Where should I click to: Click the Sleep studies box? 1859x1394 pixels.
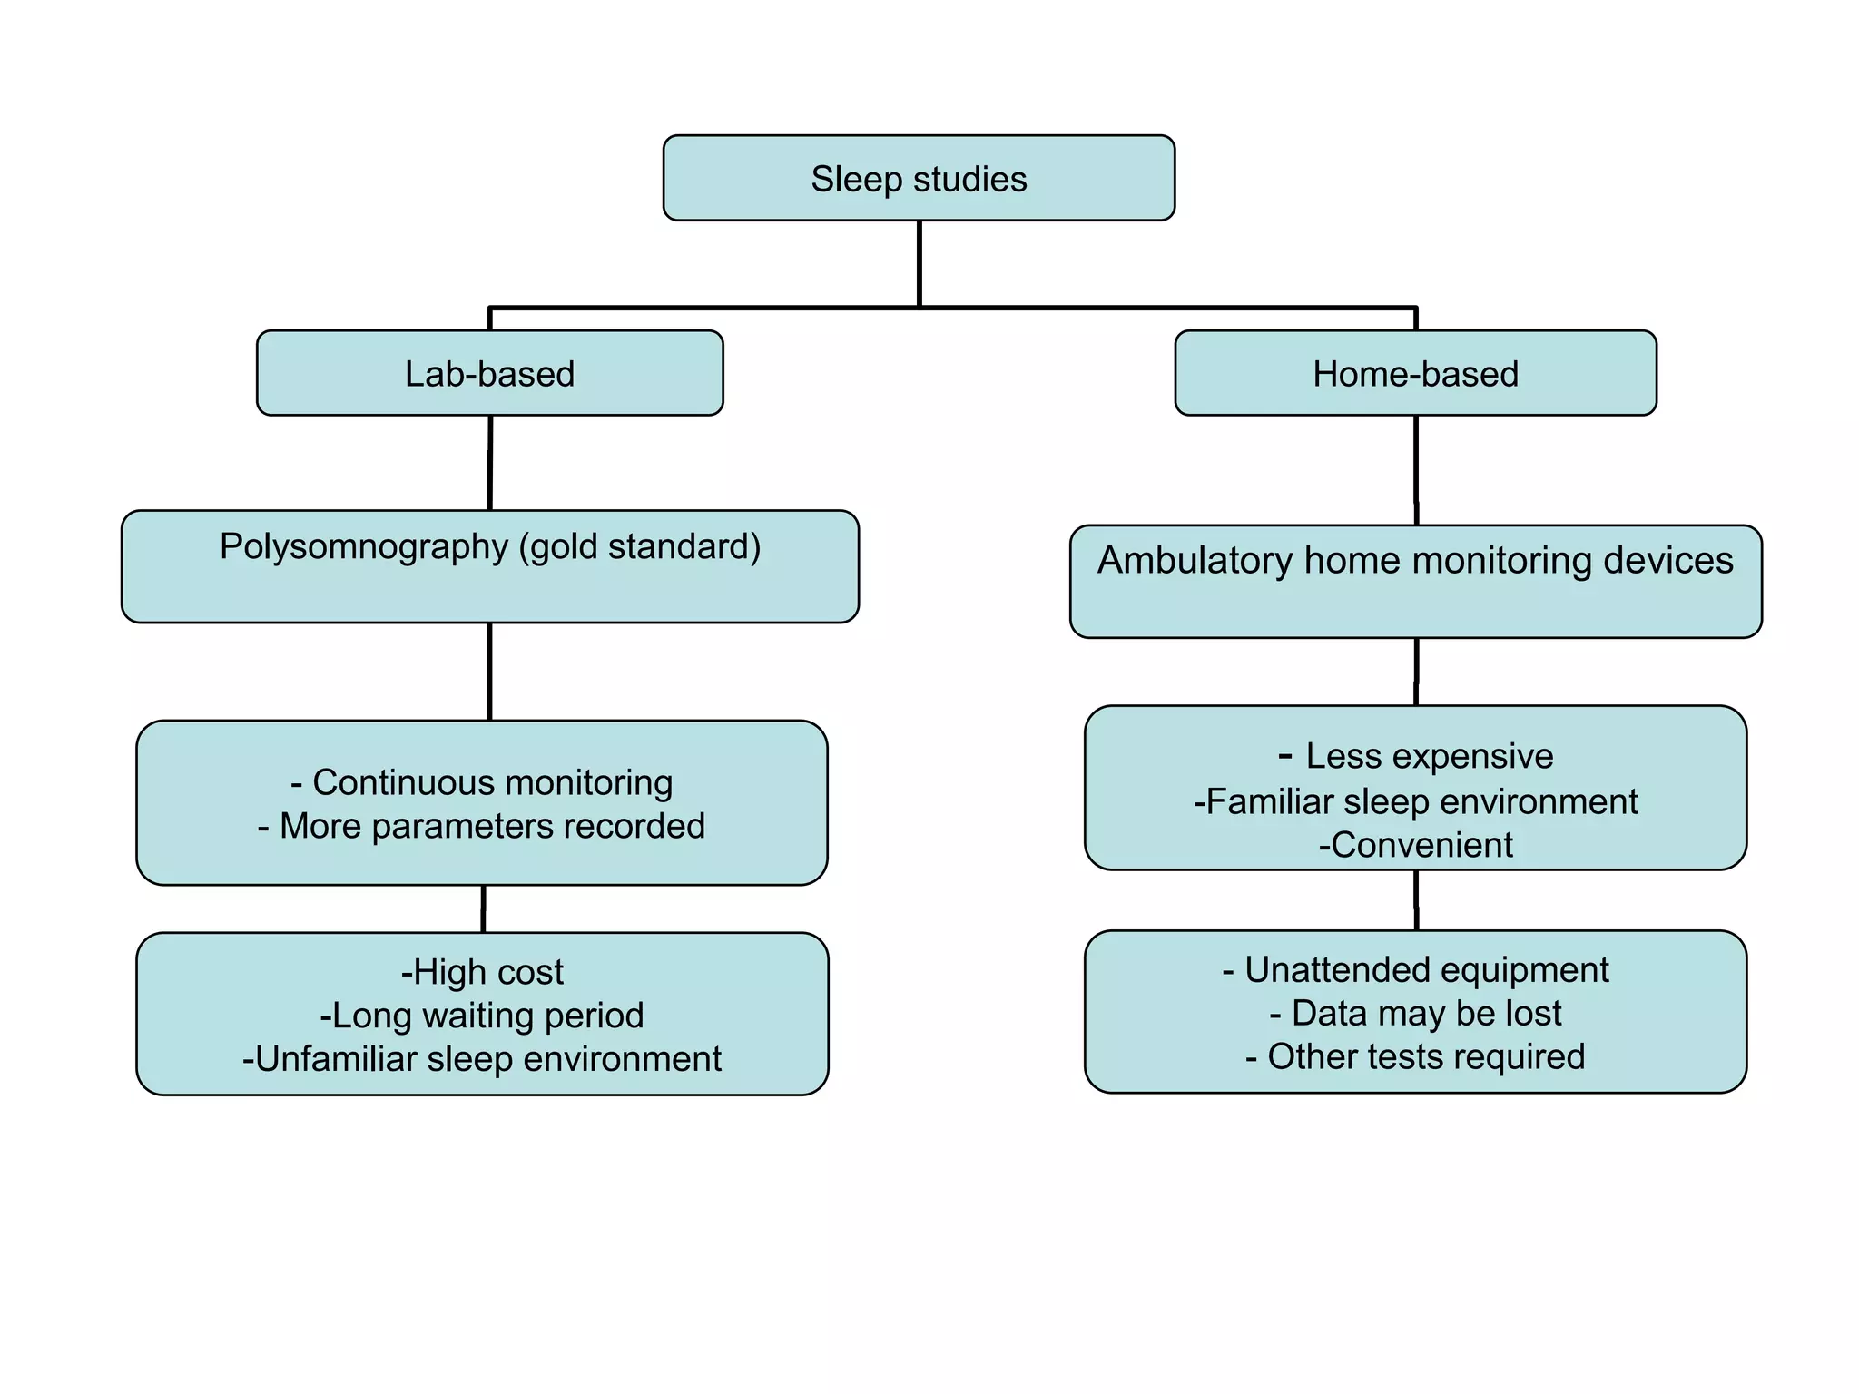click(919, 179)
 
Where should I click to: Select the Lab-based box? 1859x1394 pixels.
click(489, 374)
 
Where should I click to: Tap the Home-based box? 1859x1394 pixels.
click(1415, 374)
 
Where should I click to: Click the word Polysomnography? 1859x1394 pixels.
click(363, 547)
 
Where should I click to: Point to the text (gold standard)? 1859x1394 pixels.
click(640, 547)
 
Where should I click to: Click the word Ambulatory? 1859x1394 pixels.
click(1194, 561)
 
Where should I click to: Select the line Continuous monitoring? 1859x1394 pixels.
click(482, 782)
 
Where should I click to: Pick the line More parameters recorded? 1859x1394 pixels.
click(482, 826)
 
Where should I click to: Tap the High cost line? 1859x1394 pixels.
click(482, 972)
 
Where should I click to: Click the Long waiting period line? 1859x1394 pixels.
click(482, 1016)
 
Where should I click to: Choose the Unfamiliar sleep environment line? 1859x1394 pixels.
click(482, 1059)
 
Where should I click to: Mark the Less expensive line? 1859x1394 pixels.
click(1416, 756)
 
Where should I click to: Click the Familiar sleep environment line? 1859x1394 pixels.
click(1416, 802)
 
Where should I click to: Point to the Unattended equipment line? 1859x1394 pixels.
click(1416, 970)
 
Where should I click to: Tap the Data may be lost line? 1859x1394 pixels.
click(1416, 1014)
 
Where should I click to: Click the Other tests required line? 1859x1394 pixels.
click(1416, 1057)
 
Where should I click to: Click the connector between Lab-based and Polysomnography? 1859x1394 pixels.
click(490, 463)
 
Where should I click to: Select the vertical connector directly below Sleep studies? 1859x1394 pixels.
click(920, 263)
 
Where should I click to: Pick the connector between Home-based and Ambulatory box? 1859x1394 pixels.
click(1416, 470)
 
